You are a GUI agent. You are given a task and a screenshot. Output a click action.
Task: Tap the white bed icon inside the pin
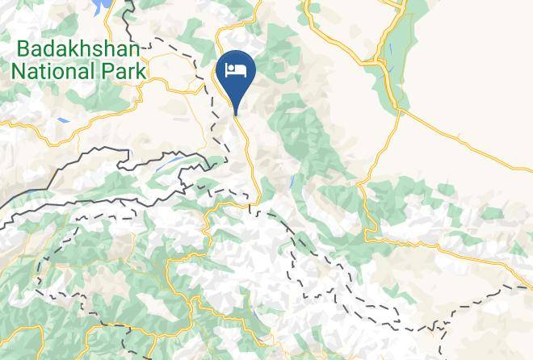coord(237,70)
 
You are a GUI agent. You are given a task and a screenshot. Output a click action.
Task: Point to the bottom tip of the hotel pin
coord(237,113)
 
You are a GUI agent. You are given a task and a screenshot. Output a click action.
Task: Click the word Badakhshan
coord(78,48)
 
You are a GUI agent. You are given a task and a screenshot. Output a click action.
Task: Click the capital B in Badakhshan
coord(23,48)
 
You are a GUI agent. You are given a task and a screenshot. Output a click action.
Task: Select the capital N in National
coord(18,71)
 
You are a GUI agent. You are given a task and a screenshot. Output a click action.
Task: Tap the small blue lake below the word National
coord(63,121)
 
